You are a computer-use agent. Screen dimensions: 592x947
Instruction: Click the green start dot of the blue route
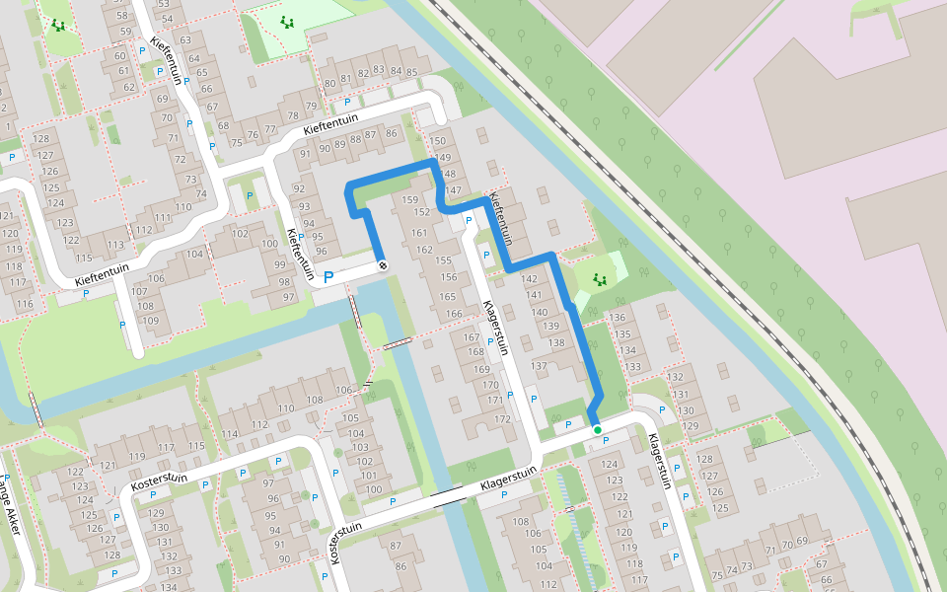pos(598,430)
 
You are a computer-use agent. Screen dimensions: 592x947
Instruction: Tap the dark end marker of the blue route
pos(382,264)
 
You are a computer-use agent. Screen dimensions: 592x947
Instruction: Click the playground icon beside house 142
pos(599,280)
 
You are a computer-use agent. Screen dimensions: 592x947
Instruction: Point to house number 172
pos(502,420)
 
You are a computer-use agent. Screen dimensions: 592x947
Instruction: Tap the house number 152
pos(421,212)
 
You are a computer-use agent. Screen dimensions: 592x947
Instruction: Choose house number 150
pos(441,143)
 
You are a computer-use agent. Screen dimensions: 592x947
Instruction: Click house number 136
pos(619,318)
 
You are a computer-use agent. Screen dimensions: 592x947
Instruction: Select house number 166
pos(452,314)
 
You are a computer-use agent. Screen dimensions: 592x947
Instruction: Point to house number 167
pos(473,338)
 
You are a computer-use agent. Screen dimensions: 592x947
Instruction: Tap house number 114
pos(230,435)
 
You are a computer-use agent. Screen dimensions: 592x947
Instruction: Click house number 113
pos(116,246)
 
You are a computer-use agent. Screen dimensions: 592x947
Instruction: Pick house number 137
pos(539,366)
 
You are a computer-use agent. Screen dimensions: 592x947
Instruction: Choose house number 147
pos(453,190)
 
